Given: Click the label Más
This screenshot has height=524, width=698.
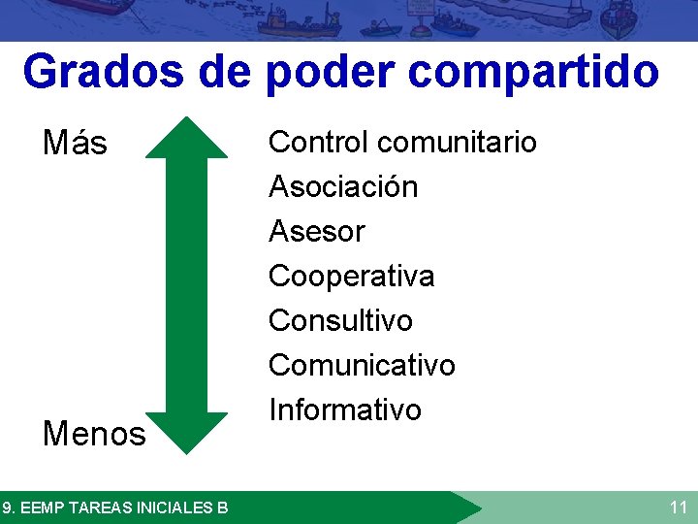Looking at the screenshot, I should tap(75, 144).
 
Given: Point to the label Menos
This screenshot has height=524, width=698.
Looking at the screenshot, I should tap(93, 434).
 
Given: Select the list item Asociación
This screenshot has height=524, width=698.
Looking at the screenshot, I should tap(343, 186).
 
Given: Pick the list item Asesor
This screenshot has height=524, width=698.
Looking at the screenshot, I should tap(316, 231).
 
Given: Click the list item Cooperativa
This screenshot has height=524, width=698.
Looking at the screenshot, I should tap(351, 276).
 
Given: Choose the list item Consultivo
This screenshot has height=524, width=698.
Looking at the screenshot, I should tap(340, 320).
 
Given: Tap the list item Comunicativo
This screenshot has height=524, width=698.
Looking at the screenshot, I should tap(362, 365).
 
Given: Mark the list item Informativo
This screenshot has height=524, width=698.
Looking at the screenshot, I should tap(345, 409).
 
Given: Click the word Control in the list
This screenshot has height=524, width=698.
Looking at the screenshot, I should tap(317, 142).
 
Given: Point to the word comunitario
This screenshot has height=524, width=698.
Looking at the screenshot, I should tap(458, 142).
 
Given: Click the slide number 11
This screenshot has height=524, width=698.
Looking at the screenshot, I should tap(678, 507).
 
